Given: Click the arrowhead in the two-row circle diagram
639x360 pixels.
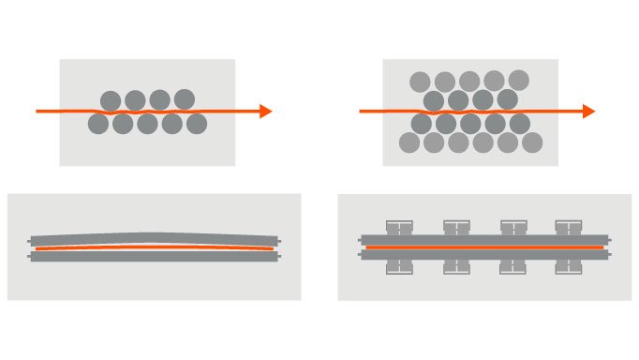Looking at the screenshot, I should [265, 112].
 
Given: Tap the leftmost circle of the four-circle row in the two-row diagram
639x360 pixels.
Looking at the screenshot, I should [111, 100].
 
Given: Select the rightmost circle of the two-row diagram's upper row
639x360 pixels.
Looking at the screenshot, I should [184, 100].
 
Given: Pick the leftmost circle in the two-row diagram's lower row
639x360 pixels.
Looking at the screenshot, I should [98, 124].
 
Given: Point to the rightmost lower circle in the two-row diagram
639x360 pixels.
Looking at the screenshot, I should [196, 124].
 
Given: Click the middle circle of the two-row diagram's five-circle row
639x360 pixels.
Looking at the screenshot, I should [147, 124].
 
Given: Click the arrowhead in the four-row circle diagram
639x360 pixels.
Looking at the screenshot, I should [588, 112].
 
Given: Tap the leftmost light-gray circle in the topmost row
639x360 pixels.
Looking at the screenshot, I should [421, 82].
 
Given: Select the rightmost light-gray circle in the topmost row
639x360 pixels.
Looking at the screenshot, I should [518, 81].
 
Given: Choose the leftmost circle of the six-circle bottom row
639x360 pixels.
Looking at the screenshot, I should [409, 142].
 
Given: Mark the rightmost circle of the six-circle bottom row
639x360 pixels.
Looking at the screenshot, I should [531, 142].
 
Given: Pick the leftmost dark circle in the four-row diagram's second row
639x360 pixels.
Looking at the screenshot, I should [433, 100].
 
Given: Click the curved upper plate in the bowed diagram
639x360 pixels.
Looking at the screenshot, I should [154, 238].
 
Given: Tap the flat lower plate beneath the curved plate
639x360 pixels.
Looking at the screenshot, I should [154, 256].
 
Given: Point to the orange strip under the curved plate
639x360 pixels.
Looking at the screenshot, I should [154, 247].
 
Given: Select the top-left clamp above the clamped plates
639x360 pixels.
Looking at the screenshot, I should [399, 228].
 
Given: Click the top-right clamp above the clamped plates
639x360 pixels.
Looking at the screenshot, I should [568, 228].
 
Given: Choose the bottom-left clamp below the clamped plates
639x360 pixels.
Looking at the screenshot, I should [399, 266].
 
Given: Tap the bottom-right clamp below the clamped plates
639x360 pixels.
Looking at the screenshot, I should [568, 266].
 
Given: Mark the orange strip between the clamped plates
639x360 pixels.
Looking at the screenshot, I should [483, 247].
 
